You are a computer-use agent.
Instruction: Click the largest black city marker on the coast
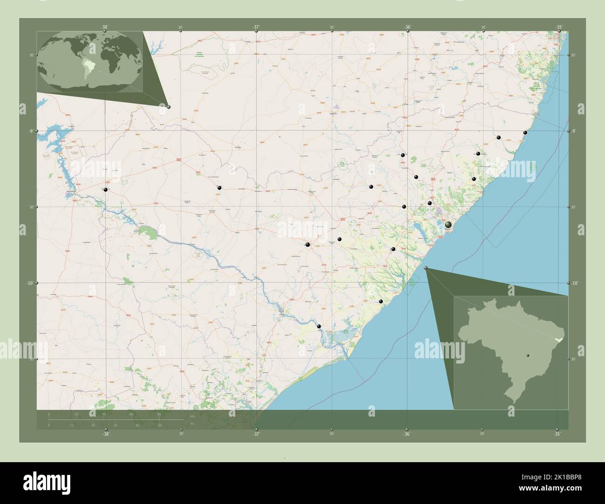click(448, 225)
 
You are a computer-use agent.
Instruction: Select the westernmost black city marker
click(106, 190)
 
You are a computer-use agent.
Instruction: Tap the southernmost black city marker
click(319, 326)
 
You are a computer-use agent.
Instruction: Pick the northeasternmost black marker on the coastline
click(525, 133)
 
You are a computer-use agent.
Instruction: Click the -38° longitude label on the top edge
click(104, 27)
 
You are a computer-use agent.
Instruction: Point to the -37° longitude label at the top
click(256, 27)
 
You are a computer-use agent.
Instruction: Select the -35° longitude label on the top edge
click(558, 27)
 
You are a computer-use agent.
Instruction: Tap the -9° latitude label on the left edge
click(29, 131)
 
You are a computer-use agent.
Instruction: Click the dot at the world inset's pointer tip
click(168, 107)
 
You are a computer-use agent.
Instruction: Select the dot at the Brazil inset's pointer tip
click(426, 267)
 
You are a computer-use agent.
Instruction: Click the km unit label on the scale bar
click(192, 415)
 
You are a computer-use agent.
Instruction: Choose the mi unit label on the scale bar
click(192, 424)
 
